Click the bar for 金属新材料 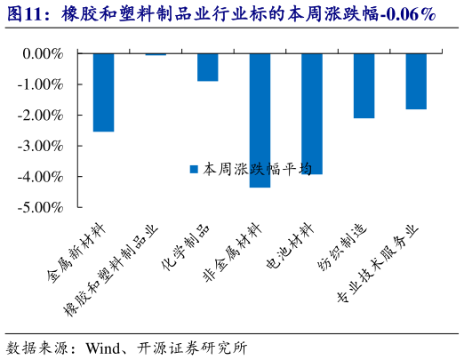103,92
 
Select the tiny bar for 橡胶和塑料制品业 156,54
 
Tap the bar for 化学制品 207,68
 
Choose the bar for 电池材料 311,114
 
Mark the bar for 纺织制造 364,85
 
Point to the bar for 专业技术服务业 415,81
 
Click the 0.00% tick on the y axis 44,54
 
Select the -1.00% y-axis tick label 42,84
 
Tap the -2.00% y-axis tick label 42,116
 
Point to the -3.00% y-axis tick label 42,146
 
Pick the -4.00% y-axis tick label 42,177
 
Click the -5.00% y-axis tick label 42,207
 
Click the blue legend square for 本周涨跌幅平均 195,168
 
